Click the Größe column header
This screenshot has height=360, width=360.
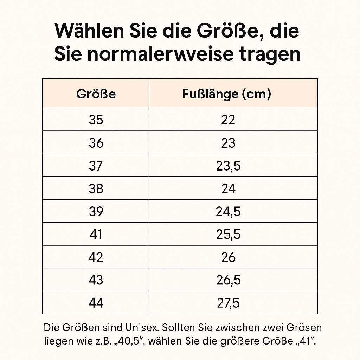click(x=96, y=94)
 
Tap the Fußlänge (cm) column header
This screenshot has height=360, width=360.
click(x=227, y=94)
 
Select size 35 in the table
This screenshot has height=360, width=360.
click(x=96, y=120)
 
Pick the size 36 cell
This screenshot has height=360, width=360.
click(x=96, y=143)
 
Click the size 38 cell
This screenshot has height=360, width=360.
click(x=96, y=189)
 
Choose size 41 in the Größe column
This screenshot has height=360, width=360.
click(x=96, y=234)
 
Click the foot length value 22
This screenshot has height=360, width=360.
click(x=228, y=120)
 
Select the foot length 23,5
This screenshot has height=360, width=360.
click(x=228, y=166)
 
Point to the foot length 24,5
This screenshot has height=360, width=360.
click(x=228, y=212)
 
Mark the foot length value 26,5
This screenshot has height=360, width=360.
click(x=228, y=280)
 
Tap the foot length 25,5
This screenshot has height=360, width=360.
click(x=228, y=234)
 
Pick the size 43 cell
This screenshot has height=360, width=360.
click(x=96, y=280)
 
